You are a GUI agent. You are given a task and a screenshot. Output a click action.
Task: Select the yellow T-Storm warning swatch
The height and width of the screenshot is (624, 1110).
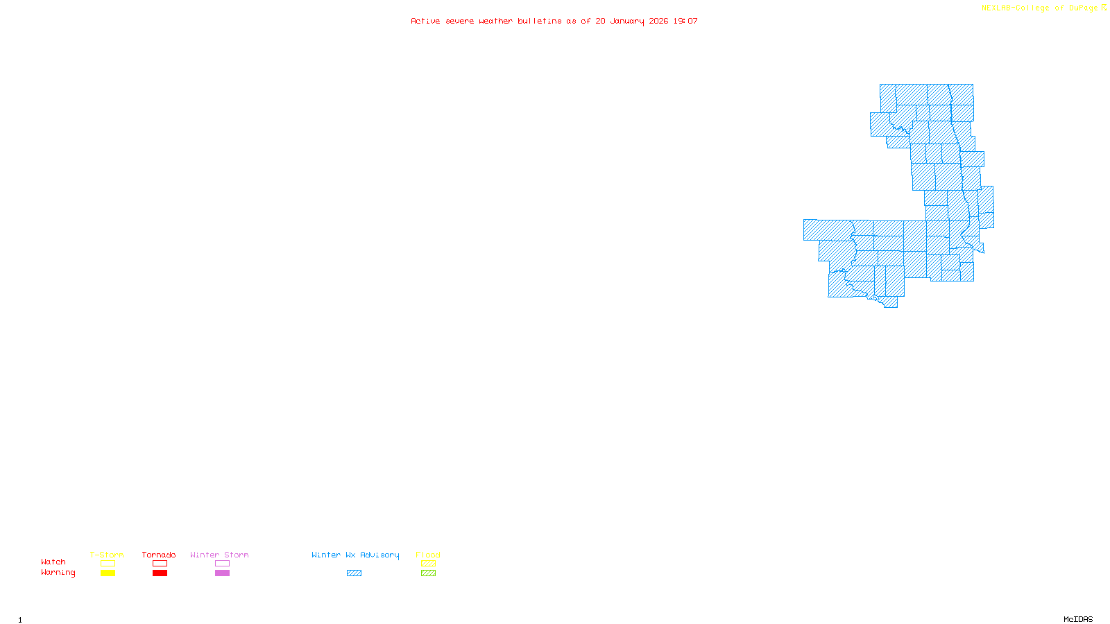click(x=108, y=573)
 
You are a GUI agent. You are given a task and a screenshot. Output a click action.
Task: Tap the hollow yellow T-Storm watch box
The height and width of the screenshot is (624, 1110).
click(x=108, y=564)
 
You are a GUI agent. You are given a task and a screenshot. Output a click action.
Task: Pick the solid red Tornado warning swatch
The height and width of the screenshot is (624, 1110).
click(x=160, y=573)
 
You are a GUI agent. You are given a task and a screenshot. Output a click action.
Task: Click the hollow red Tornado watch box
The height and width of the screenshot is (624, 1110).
click(x=160, y=564)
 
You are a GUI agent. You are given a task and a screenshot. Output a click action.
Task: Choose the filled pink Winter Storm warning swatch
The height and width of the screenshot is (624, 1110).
click(x=222, y=573)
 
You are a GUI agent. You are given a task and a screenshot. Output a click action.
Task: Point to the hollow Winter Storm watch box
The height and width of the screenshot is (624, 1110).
click(x=222, y=564)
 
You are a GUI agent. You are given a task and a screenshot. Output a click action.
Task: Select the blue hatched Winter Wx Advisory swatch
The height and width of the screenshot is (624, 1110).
click(x=354, y=573)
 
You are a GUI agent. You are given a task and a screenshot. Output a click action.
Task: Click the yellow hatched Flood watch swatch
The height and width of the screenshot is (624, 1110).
click(x=428, y=564)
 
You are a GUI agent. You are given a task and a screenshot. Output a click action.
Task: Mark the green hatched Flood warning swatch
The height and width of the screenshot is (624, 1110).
click(x=428, y=573)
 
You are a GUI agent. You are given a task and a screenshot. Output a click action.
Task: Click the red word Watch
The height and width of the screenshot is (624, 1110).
click(x=53, y=562)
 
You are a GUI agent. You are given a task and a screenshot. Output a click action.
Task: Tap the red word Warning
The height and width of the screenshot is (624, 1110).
click(x=58, y=573)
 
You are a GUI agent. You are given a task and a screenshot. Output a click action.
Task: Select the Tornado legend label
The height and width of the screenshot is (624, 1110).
click(x=159, y=555)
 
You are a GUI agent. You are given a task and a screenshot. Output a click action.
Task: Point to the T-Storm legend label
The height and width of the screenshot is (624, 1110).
click(x=107, y=555)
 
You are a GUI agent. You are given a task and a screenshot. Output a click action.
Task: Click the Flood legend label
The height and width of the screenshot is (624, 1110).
click(x=428, y=555)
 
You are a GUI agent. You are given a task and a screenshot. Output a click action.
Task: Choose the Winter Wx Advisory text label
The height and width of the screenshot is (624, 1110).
click(x=355, y=555)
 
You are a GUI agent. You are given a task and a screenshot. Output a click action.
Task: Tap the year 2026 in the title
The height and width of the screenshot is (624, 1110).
click(x=658, y=21)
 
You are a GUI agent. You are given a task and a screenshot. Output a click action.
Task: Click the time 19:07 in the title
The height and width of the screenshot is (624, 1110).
click(x=685, y=21)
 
